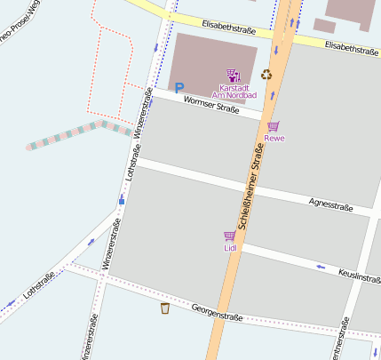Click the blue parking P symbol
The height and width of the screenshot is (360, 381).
[x=179, y=88]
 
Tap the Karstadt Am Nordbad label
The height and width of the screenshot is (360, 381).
[x=237, y=92]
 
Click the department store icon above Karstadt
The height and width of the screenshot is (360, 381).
[x=233, y=76]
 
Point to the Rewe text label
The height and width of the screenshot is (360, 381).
[x=274, y=139]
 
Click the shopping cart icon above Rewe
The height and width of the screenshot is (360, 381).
[x=274, y=126]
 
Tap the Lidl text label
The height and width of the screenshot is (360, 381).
[x=230, y=248]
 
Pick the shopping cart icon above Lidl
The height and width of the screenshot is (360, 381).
[x=230, y=236]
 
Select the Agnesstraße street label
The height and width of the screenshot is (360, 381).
[x=330, y=206]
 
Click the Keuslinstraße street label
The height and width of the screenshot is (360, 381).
[x=359, y=276]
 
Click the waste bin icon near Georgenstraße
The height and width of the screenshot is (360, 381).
[x=165, y=308]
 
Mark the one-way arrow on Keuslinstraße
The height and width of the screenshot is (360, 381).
[x=320, y=267]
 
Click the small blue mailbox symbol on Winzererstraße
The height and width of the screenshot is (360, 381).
[x=122, y=201]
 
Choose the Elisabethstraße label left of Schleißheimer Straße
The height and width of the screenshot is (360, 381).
[x=229, y=28]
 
